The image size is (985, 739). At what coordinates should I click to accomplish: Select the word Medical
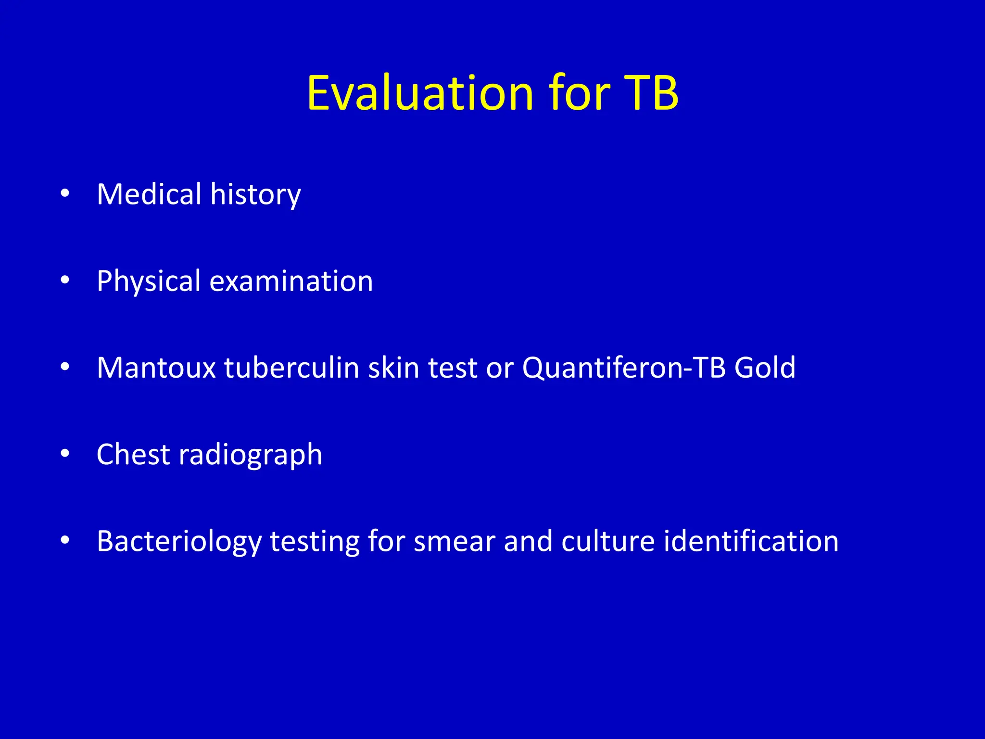point(149,194)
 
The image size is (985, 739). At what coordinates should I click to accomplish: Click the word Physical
point(148,281)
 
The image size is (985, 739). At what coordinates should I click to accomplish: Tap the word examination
point(291,281)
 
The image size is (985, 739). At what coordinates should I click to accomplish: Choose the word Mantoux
point(156,368)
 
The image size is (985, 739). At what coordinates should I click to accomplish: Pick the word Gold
point(765,368)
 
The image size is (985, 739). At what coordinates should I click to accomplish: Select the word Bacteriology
point(179,542)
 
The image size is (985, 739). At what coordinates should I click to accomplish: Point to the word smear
point(455,542)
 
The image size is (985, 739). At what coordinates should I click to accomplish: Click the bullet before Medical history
point(65,194)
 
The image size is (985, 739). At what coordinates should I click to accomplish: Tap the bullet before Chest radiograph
point(65,455)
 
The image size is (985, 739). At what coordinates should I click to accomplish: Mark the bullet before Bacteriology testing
point(65,541)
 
